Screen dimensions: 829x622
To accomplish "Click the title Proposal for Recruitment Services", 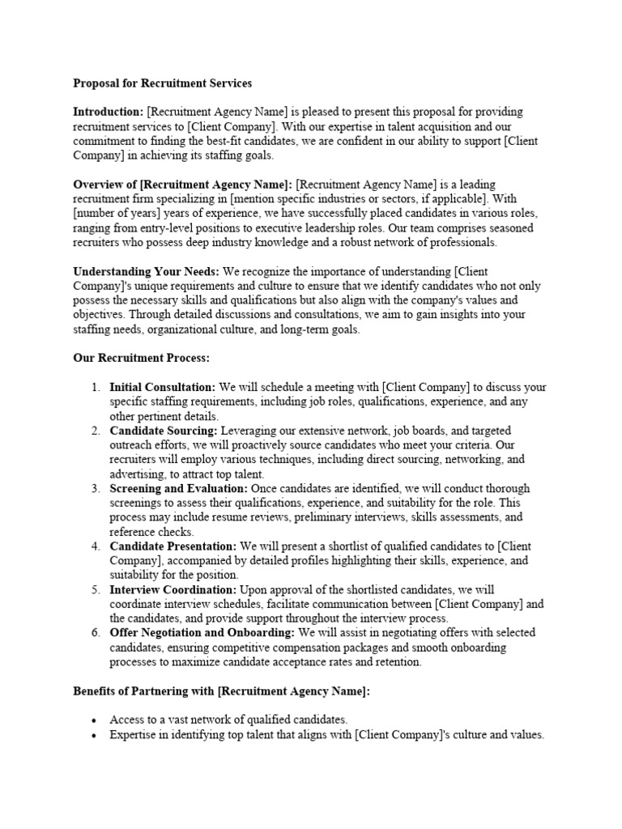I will [163, 83].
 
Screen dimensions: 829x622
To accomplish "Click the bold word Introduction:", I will [109, 112].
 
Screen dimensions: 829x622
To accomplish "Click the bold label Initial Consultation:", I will [163, 387].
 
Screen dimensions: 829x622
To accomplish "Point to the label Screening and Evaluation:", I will [179, 489].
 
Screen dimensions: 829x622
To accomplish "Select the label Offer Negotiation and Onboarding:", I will [202, 633].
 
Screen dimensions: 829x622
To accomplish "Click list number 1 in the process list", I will [96, 387].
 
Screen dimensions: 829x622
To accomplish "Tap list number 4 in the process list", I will [96, 546].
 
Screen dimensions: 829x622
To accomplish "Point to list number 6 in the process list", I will [96, 633].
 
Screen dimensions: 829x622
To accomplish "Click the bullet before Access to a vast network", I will [95, 720].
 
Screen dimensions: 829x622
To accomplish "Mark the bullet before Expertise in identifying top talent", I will [95, 735].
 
